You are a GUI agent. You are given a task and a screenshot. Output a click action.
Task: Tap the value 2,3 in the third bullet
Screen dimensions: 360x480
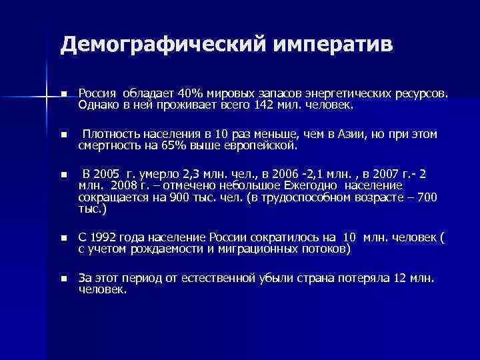coord(192,174)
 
